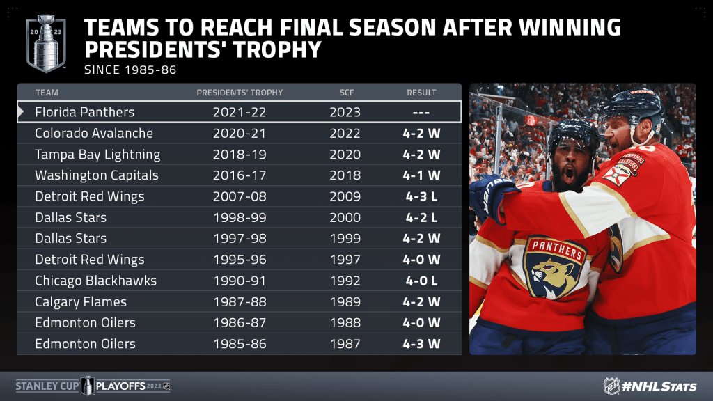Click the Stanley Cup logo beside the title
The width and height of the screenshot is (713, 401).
(46, 44)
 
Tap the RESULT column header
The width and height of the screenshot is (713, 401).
(421, 93)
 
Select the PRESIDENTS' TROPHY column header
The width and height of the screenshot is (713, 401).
(240, 93)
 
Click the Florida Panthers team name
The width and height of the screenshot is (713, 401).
(84, 112)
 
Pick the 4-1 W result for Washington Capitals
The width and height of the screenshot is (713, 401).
(421, 175)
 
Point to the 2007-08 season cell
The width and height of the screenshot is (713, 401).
(240, 196)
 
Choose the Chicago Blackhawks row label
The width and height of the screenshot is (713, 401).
(95, 281)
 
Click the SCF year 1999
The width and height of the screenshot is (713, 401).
(345, 238)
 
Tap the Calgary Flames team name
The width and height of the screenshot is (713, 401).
(81, 302)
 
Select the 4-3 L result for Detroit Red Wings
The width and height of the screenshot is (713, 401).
(421, 196)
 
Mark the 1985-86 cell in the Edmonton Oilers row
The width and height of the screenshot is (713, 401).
(240, 344)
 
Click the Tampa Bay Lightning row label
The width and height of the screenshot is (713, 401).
(97, 155)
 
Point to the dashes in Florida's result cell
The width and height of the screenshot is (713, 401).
(421, 112)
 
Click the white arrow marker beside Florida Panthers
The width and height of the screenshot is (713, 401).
(20, 112)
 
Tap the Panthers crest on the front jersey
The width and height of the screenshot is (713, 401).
(554, 267)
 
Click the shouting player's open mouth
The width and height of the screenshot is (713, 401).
(568, 175)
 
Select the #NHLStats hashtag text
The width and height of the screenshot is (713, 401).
(659, 386)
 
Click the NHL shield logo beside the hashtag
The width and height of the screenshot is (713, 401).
(611, 386)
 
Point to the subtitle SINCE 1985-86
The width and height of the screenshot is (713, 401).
(130, 70)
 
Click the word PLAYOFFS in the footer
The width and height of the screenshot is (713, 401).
(120, 386)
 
